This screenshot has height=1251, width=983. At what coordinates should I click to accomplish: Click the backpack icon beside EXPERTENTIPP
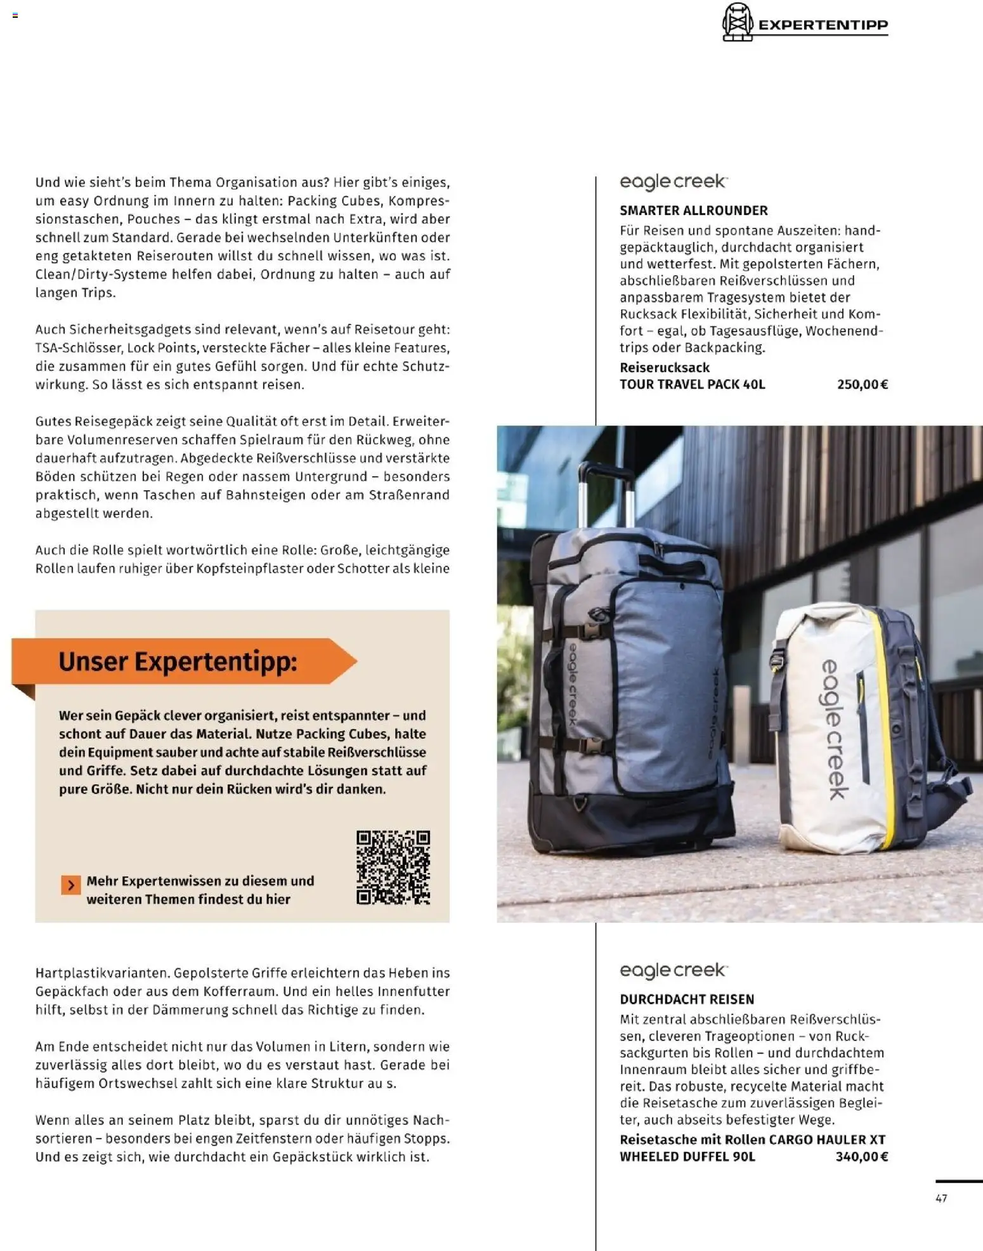tap(737, 22)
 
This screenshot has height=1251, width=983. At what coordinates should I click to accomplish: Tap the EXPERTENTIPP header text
tap(823, 25)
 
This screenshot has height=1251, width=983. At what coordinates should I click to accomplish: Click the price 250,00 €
tap(862, 384)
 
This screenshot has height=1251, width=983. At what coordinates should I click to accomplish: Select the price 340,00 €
tap(861, 1157)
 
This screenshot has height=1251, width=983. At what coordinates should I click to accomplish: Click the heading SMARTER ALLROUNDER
tap(693, 211)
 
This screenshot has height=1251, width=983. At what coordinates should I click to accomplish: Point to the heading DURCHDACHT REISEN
tap(687, 999)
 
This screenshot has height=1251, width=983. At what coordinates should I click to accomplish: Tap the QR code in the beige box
tap(393, 867)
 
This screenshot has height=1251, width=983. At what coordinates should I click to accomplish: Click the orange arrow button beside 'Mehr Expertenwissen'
tap(71, 885)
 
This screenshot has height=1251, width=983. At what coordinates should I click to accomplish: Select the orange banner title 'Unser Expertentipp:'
tap(178, 661)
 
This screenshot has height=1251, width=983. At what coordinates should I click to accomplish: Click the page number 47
tap(941, 1198)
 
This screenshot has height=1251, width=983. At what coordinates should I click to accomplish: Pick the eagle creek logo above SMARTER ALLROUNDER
tap(673, 182)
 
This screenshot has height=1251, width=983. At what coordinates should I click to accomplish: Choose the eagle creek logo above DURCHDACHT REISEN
tap(673, 971)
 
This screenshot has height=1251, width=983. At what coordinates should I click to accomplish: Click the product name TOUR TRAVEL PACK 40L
tap(692, 384)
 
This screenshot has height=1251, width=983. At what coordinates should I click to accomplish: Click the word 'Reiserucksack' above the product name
tap(664, 368)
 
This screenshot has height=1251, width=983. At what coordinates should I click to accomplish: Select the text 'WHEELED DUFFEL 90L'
tap(687, 1157)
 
